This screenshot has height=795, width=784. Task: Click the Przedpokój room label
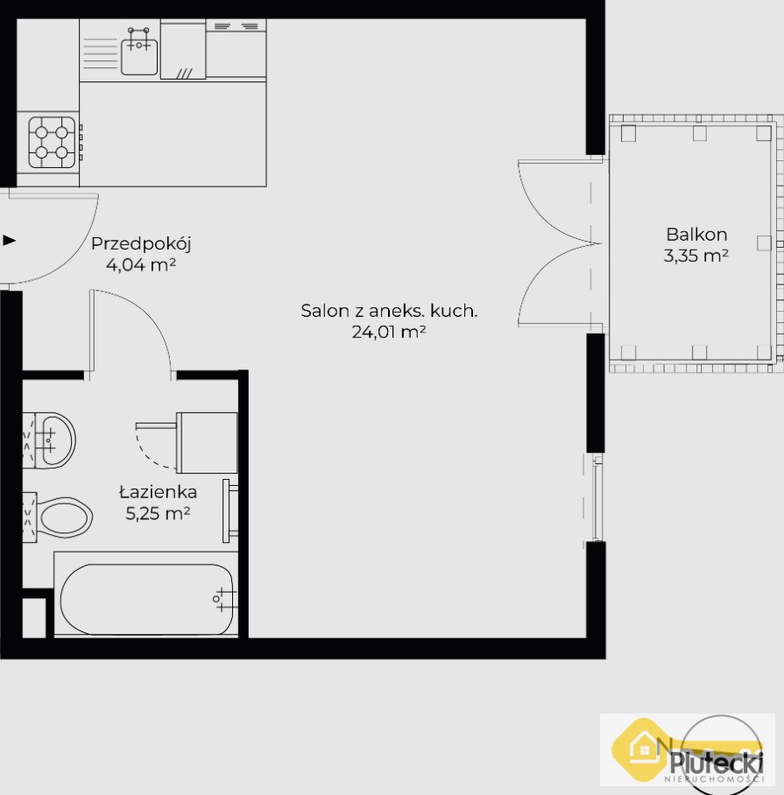click(141, 245)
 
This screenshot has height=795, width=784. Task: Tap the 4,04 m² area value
click(141, 264)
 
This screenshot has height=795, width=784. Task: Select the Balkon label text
click(696, 235)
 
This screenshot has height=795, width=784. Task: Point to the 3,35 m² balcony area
click(696, 256)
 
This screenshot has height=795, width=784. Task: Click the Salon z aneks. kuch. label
click(389, 311)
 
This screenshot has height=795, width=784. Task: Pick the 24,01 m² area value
click(389, 332)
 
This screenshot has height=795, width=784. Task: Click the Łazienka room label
click(158, 492)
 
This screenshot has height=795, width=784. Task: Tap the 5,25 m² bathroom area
click(158, 514)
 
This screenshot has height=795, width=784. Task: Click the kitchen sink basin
click(139, 56)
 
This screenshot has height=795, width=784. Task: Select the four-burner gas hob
click(53, 143)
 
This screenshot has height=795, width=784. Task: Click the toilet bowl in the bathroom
click(65, 517)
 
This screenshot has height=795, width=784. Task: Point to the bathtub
click(146, 599)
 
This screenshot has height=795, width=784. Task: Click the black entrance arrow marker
click(9, 240)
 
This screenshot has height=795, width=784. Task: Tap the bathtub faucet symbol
click(222, 599)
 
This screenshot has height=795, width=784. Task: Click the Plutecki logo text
click(717, 762)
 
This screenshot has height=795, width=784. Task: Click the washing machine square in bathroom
click(207, 443)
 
